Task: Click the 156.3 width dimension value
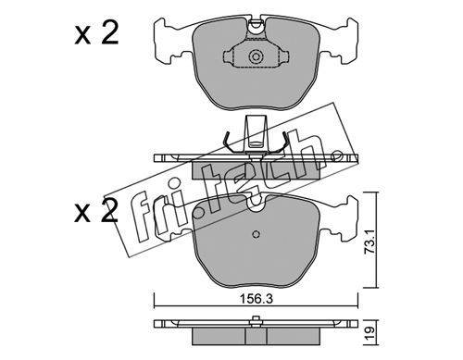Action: pos(256,299)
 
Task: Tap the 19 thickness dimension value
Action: pos(370,332)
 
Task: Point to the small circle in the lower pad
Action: pos(256,234)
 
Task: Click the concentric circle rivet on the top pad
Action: pos(256,56)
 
